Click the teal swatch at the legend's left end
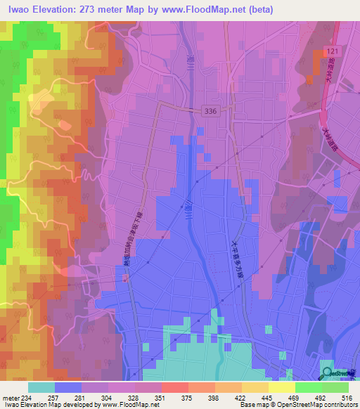[41, 387]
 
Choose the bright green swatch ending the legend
[335, 387]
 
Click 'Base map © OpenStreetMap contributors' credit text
[299, 404]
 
